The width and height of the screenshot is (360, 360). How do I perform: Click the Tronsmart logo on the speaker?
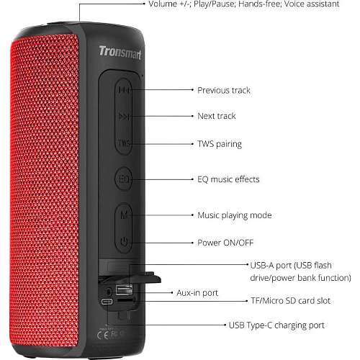pos(120,53)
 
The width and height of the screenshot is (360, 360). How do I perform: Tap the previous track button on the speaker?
pos(124,90)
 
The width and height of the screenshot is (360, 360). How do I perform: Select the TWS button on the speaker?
pos(124,143)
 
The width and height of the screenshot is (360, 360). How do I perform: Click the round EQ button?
pos(124,179)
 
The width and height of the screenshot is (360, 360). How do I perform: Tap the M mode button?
pos(124,215)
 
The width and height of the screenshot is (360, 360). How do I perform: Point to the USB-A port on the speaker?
pos(124,289)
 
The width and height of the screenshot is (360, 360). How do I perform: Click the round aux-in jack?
pos(109,292)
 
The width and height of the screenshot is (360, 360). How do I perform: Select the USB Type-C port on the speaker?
pos(107,302)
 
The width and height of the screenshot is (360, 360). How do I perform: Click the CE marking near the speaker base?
pos(102,336)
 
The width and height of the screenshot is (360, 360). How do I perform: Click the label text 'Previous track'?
pos(224,90)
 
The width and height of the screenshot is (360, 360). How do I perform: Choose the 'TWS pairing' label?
pos(220,144)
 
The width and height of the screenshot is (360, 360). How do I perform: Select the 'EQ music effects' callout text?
pos(228,179)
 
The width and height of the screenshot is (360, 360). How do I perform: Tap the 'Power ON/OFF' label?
pos(225,243)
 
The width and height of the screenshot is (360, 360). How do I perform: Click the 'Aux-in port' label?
pos(197,293)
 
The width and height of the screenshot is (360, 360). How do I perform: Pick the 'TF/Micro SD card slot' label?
pos(290,301)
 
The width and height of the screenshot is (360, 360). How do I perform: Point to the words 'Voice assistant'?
pos(312,4)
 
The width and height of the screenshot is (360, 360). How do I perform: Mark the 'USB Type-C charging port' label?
pos(276,325)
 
